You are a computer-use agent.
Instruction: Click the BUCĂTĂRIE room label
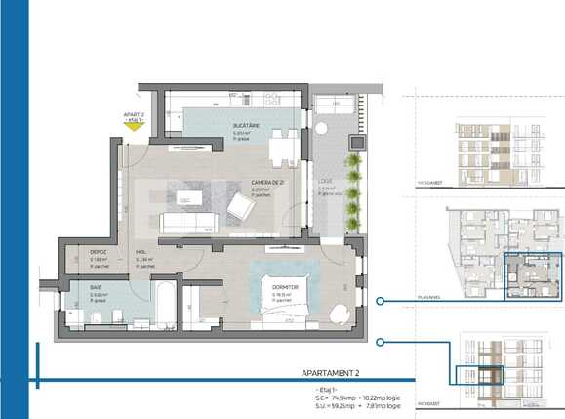click(245, 127)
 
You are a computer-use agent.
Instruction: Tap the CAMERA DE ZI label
click(265, 183)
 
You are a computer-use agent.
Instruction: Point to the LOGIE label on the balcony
click(325, 182)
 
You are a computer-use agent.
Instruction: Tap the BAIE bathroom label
click(97, 288)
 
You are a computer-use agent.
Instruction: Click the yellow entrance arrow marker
click(134, 137)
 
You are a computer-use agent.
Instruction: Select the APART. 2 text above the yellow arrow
click(134, 116)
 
